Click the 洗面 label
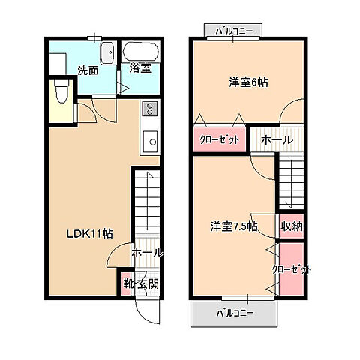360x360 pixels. [88, 71]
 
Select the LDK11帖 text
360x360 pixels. [86, 233]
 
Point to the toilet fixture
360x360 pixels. [61, 94]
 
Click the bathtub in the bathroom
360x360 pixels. [139, 52]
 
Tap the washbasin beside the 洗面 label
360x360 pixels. [106, 53]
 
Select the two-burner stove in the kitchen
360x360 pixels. [149, 109]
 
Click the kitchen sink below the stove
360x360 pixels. [150, 140]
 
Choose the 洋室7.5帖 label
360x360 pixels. [232, 226]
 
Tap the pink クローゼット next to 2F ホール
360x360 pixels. [220, 139]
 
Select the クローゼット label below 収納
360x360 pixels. [291, 269]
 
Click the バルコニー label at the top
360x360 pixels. [233, 31]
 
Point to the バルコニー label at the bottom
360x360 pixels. [235, 312]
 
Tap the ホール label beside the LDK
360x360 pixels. [148, 253]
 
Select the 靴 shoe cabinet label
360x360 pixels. [130, 283]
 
